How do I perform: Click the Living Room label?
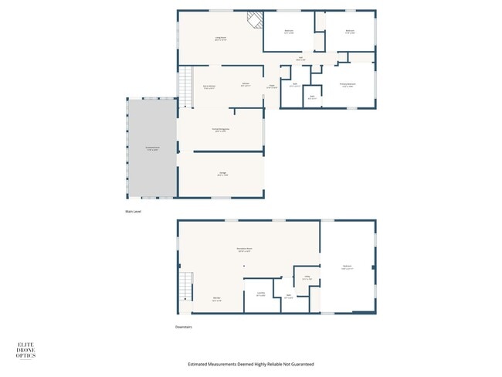(220, 39)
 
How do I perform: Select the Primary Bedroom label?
(348, 85)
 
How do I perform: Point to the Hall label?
(301, 59)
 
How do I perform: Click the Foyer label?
(272, 87)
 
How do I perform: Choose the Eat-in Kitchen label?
(209, 87)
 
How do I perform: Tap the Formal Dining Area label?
(221, 130)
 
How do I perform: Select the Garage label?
(222, 175)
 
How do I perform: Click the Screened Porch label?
(152, 148)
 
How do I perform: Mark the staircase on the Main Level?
(185, 87)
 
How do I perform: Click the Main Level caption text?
(134, 211)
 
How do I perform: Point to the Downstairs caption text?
(183, 327)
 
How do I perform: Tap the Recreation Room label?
(246, 250)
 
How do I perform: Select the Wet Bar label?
(218, 300)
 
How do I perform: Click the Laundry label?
(260, 295)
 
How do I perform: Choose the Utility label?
(307, 278)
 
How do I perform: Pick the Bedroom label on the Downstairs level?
(347, 267)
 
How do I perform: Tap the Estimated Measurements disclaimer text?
(251, 364)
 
